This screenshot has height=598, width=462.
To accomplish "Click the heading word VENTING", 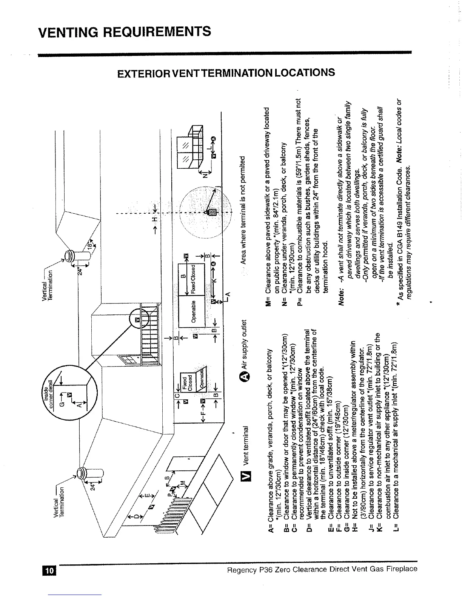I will [x=67, y=32].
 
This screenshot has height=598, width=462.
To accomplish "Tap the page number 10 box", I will [x=49, y=569].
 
